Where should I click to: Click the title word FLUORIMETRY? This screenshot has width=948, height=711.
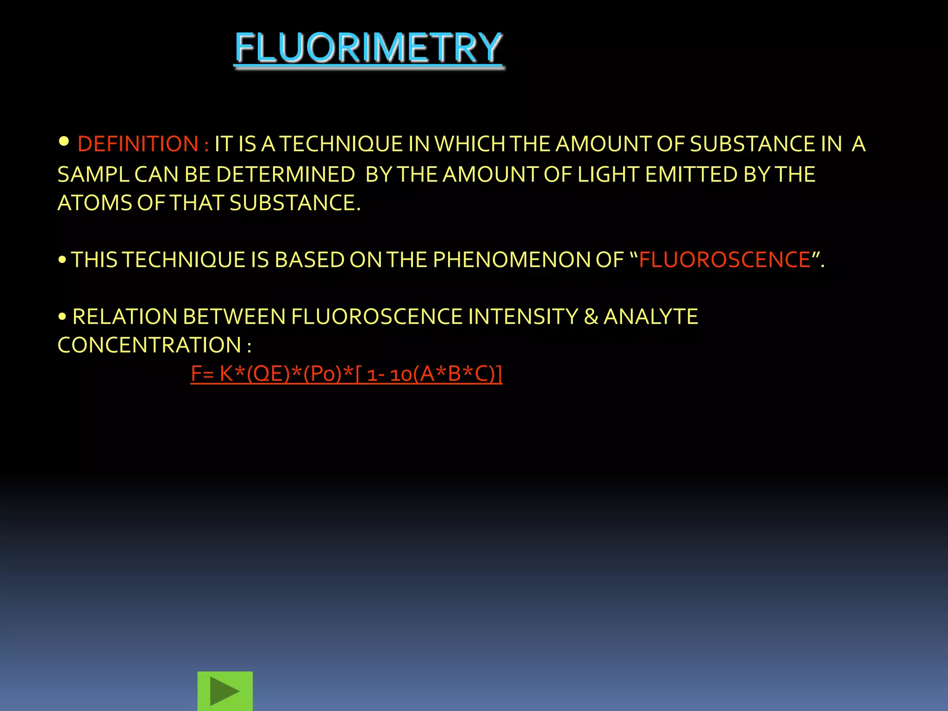(368, 48)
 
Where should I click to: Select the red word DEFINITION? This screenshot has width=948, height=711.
(138, 144)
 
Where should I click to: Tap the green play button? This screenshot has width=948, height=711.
(225, 691)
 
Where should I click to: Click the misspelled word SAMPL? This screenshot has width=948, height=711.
(93, 175)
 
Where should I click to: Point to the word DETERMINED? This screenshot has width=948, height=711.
(285, 175)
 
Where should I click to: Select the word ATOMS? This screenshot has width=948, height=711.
(94, 203)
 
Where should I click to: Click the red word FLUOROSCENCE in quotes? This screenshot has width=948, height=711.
(724, 260)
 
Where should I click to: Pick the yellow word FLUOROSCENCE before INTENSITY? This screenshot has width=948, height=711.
(377, 317)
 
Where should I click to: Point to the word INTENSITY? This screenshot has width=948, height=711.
(523, 317)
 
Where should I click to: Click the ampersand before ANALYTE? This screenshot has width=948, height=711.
(591, 317)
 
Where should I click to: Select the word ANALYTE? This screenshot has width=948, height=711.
(651, 317)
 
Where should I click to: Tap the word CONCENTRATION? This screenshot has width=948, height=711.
(149, 345)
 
